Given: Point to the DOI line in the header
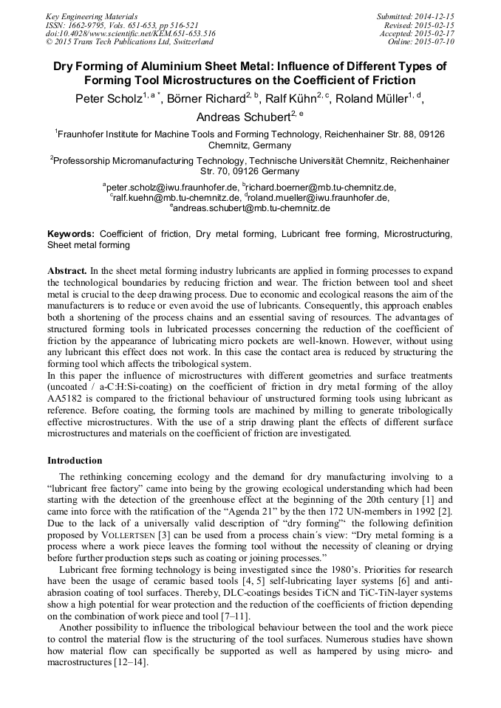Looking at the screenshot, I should click(130, 33).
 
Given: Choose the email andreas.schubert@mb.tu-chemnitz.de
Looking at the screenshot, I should click(252, 208).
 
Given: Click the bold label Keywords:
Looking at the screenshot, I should click(71, 233).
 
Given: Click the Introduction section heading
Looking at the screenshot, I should click(75, 460).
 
